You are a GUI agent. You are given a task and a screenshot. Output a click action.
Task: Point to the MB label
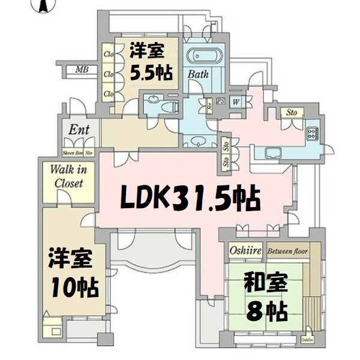click(x=82, y=70)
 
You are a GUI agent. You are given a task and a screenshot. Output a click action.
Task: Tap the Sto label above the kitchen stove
click(x=292, y=112)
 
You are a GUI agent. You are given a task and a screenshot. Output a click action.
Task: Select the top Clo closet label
click(x=109, y=55)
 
